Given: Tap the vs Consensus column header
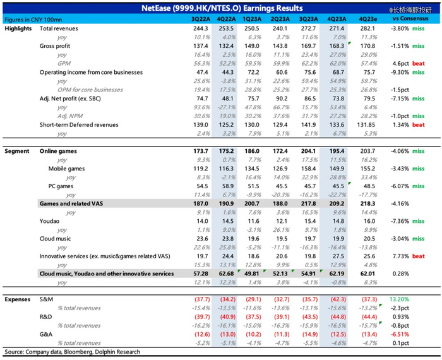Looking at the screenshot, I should [x=406, y=18].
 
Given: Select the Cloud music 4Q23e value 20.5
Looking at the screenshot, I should [x=365, y=239].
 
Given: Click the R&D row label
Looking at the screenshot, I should [x=46, y=316].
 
